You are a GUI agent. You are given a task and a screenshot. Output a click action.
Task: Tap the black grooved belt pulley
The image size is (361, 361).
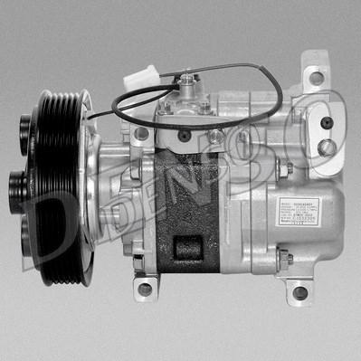click(x=54, y=181)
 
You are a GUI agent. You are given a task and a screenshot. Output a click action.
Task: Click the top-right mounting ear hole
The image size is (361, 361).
click(x=316, y=77)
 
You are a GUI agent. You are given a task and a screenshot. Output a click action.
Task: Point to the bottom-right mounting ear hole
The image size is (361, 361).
click(x=299, y=292)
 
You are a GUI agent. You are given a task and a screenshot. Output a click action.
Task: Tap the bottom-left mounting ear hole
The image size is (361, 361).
click(x=145, y=290)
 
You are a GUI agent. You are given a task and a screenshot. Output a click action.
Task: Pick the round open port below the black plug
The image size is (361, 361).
click(x=328, y=146)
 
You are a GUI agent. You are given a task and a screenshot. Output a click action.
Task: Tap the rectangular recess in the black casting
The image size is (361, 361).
click(x=189, y=248)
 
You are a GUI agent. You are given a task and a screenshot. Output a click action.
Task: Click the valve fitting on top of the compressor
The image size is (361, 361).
click(x=187, y=88)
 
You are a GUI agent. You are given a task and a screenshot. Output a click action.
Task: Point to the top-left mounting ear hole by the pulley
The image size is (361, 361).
click(x=141, y=134)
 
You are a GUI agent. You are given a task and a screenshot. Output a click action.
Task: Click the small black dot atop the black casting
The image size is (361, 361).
click(x=185, y=136)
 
